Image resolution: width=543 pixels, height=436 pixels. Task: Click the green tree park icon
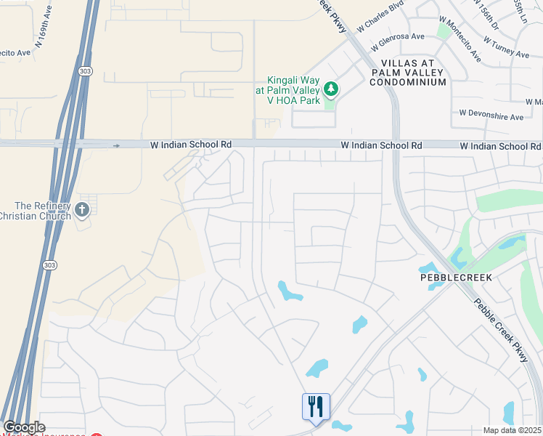click(x=331, y=89)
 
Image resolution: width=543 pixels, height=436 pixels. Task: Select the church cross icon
click(x=82, y=211)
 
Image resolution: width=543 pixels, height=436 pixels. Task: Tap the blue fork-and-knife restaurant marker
click(x=316, y=407)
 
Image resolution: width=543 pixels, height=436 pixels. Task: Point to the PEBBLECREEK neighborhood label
click(x=456, y=278)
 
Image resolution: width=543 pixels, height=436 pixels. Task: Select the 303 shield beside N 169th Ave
click(x=84, y=70)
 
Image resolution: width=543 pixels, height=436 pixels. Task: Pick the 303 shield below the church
click(x=48, y=265)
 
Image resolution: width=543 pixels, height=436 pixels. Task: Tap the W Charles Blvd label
click(x=380, y=18)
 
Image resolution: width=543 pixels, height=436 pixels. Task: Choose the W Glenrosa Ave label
click(x=397, y=36)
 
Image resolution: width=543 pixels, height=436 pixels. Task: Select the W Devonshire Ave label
click(x=491, y=116)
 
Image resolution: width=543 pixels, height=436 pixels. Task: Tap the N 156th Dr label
click(x=486, y=12)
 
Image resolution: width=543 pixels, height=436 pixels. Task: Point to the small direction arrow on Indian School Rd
click(x=116, y=145)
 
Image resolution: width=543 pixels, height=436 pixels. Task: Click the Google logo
click(x=24, y=427)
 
